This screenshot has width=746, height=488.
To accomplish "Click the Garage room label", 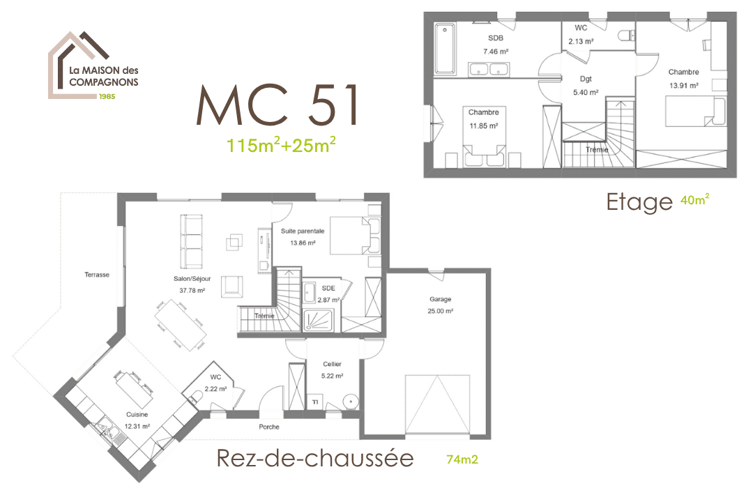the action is (x=440, y=299).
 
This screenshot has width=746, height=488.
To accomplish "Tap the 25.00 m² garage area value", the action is (x=440, y=311).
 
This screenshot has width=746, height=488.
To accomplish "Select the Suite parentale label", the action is (x=303, y=231).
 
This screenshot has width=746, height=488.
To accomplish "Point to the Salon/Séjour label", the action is (x=192, y=279).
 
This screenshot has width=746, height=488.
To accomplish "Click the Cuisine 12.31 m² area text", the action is (x=137, y=427).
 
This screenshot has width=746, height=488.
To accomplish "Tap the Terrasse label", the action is (x=97, y=275).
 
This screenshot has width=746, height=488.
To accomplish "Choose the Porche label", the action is (x=269, y=427).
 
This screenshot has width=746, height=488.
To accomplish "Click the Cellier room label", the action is (x=332, y=364).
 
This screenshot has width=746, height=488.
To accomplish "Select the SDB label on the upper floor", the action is (x=495, y=38).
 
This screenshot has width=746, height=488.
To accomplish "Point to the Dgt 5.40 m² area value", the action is (x=586, y=93).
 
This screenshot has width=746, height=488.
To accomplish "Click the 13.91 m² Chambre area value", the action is (x=684, y=86).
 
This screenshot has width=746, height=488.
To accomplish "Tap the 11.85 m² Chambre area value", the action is (x=483, y=126).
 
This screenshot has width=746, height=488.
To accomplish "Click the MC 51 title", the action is (x=277, y=105).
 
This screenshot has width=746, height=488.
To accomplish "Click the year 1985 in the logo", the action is (x=107, y=96).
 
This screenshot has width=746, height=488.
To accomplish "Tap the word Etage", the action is (x=639, y=202).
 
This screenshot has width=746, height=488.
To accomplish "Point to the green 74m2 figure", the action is (x=462, y=459).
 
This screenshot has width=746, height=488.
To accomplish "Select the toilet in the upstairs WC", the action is (x=627, y=36).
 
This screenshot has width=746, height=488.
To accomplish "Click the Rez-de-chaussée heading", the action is (x=315, y=458).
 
